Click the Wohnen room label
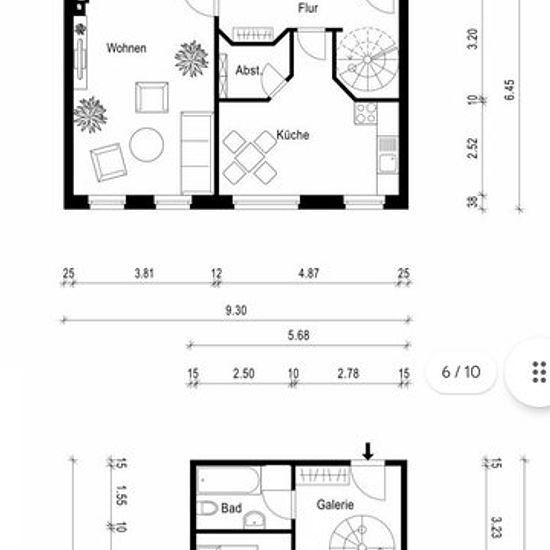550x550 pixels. click(126, 48)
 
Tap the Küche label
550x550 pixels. click(293, 135)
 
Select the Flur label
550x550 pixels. click(308, 8)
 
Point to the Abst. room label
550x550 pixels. click(248, 71)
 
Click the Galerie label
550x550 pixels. click(335, 505)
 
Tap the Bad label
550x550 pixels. click(232, 508)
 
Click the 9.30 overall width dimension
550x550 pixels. click(236, 310)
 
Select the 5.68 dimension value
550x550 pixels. click(299, 335)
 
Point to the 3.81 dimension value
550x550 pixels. click(144, 273)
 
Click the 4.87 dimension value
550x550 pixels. click(309, 273)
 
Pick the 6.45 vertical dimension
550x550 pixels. click(510, 90)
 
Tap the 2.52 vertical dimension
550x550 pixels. click(473, 148)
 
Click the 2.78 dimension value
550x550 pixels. click(348, 374)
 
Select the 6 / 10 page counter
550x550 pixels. click(461, 372)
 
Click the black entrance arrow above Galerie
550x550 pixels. click(368, 451)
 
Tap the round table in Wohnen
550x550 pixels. click(146, 145)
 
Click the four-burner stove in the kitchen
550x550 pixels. click(366, 113)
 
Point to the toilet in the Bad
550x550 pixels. click(207, 508)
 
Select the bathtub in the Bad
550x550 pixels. click(229, 480)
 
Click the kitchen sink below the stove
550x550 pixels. click(388, 155)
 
